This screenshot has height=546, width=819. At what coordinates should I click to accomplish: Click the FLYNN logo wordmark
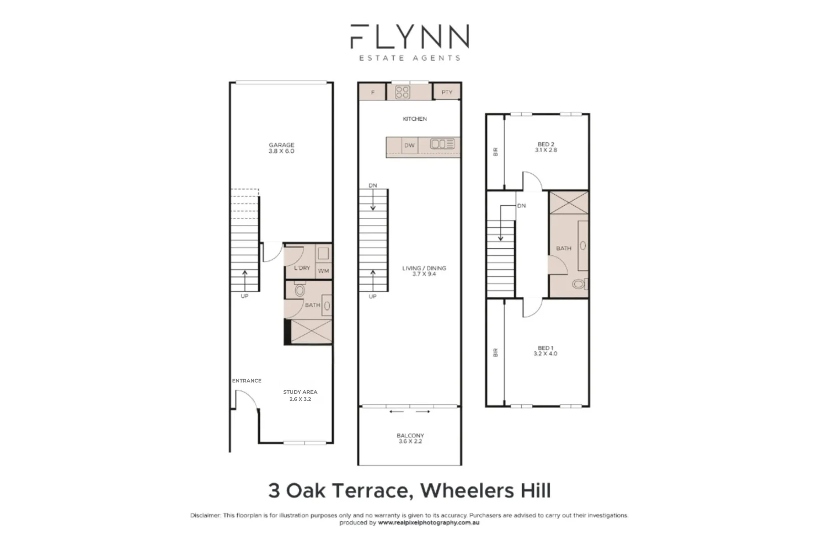click(x=409, y=36)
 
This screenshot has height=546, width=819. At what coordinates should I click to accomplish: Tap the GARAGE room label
click(x=281, y=145)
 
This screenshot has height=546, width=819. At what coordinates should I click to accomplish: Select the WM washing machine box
click(x=324, y=271)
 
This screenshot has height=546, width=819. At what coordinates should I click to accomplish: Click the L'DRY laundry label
click(x=302, y=268)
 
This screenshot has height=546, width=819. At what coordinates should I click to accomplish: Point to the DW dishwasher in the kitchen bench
click(x=409, y=146)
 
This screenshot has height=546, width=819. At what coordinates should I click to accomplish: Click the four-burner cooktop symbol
click(x=403, y=92)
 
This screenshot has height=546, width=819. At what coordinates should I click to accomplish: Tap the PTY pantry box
click(x=447, y=92)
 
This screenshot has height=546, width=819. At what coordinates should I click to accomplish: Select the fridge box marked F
click(x=373, y=93)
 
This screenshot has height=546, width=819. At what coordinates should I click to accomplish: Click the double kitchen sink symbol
click(x=442, y=144)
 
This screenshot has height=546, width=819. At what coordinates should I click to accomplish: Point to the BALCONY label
click(x=410, y=435)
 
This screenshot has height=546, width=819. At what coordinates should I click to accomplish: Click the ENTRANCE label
click(x=247, y=381)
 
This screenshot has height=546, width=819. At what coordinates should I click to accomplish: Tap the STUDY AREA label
click(x=300, y=392)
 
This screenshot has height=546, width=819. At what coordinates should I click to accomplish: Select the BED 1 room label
click(x=545, y=348)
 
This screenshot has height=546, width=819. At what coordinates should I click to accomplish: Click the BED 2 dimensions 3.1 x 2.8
click(x=547, y=150)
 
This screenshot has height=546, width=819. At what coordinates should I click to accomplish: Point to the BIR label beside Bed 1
click(x=495, y=352)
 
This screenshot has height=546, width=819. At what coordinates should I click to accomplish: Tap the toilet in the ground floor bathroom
click(x=300, y=290)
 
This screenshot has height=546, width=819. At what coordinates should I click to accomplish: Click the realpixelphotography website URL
click(x=428, y=523)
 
